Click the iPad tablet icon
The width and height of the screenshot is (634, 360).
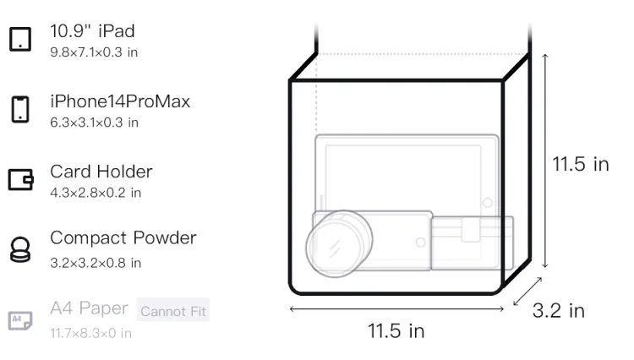pyautogui.click(x=20, y=39)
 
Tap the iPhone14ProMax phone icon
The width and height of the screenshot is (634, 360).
pyautogui.click(x=20, y=109)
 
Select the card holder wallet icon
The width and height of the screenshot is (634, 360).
pyautogui.click(x=20, y=179)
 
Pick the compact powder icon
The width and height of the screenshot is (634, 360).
pyautogui.click(x=20, y=249)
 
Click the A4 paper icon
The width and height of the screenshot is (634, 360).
pyautogui.click(x=20, y=320)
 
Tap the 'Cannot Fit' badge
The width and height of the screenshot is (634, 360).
pyautogui.click(x=173, y=311)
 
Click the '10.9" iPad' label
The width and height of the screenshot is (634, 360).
pyautogui.click(x=92, y=31)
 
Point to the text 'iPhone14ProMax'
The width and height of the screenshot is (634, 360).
pyautogui.click(x=120, y=101)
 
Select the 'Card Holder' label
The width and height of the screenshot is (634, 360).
pyautogui.click(x=101, y=172)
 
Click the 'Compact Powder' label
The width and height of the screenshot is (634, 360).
pyautogui.click(x=123, y=238)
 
